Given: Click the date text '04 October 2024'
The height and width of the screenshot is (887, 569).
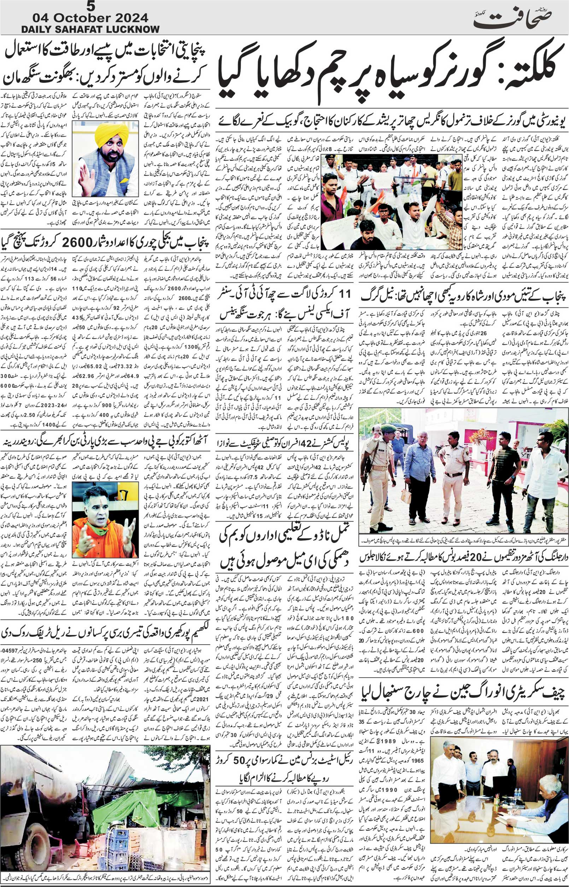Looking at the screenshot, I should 90,18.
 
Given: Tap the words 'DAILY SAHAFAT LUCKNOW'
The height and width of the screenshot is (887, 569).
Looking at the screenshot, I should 90,29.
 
